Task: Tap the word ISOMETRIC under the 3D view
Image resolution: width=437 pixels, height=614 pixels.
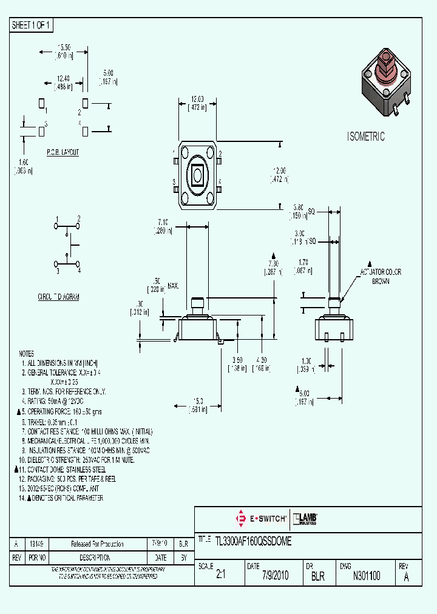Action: (x=365, y=137)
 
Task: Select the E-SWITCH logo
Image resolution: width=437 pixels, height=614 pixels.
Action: (x=260, y=519)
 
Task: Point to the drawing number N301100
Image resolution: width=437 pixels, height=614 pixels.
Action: (x=366, y=576)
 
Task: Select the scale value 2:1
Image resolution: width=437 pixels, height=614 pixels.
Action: (x=220, y=576)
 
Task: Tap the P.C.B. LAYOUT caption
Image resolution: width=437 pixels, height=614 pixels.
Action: (x=63, y=152)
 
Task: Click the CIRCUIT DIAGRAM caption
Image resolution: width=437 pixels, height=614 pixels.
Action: (x=58, y=297)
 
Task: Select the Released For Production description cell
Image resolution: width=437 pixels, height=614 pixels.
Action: (x=97, y=544)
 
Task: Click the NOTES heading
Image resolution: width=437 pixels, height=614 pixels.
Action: (x=27, y=354)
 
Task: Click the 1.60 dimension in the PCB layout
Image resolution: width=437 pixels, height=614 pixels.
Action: (x=23, y=162)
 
